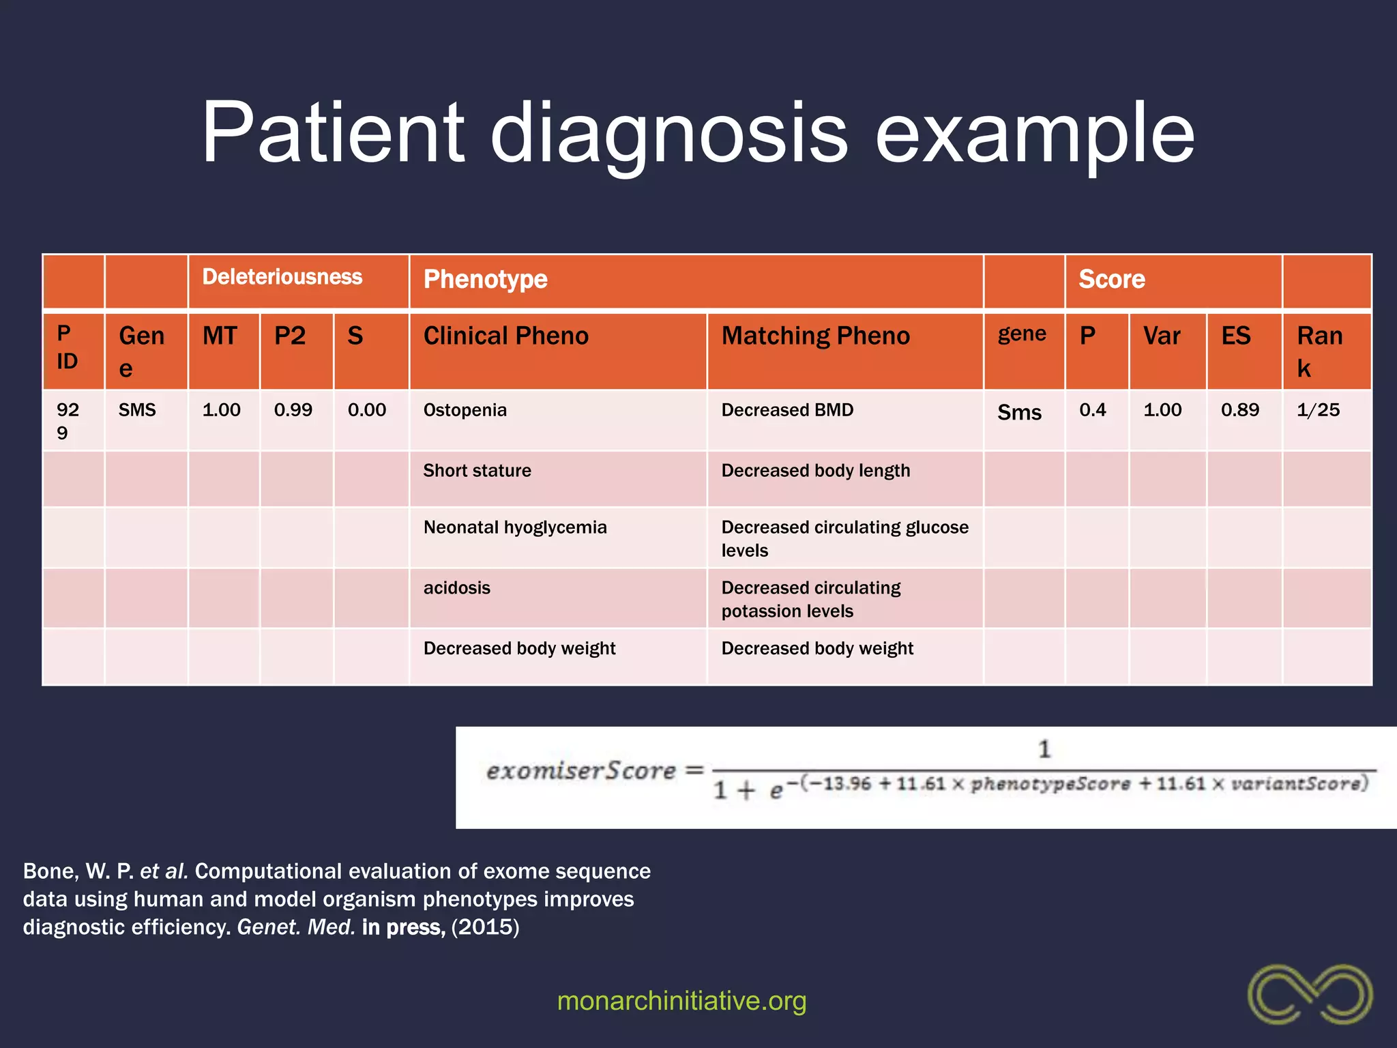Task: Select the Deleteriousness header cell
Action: pyautogui.click(x=282, y=277)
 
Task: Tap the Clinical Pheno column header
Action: pyautogui.click(x=505, y=336)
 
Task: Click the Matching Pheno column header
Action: pyautogui.click(x=815, y=336)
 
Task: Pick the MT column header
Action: pyautogui.click(x=220, y=336)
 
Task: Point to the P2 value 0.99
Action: pyautogui.click(x=293, y=410)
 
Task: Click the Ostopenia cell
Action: pyautogui.click(x=465, y=410)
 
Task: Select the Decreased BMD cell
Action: pyautogui.click(x=787, y=410)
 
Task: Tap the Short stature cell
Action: pyautogui.click(x=477, y=471)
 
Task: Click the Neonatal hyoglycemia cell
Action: pyautogui.click(x=515, y=527)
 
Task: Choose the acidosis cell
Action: pyautogui.click(x=456, y=588)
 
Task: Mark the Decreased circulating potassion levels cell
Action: pyautogui.click(x=810, y=599)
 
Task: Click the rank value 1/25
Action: pyautogui.click(x=1317, y=410)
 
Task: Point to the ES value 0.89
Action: pyautogui.click(x=1239, y=410)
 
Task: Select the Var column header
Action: pyautogui.click(x=1162, y=336)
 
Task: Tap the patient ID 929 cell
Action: pyautogui.click(x=68, y=421)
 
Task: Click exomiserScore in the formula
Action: pyautogui.click(x=580, y=771)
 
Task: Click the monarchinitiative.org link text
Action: pyautogui.click(x=681, y=1001)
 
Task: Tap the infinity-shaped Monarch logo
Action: pyautogui.click(x=1310, y=994)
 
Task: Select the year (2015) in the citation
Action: pyautogui.click(x=485, y=927)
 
